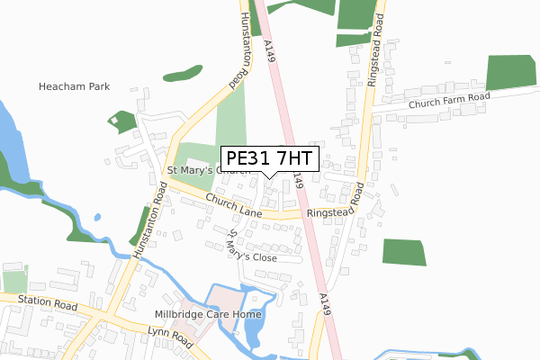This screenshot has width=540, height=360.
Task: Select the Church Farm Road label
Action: click(448, 101)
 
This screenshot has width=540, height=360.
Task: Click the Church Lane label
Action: click(232, 206)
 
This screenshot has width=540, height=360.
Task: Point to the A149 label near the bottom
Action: click(324, 305)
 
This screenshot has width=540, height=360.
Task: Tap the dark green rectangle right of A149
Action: click(404, 252)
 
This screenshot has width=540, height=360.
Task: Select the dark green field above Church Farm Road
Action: click(510, 73)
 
